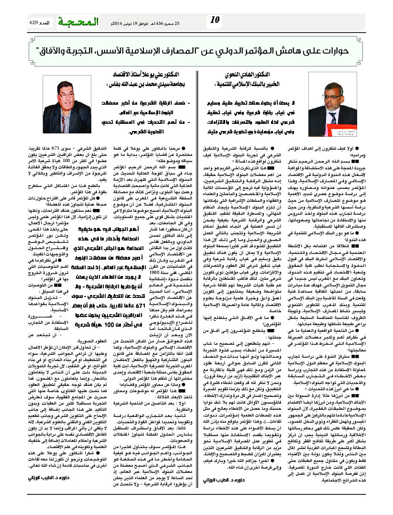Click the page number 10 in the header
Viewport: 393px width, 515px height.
pos(215,20)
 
